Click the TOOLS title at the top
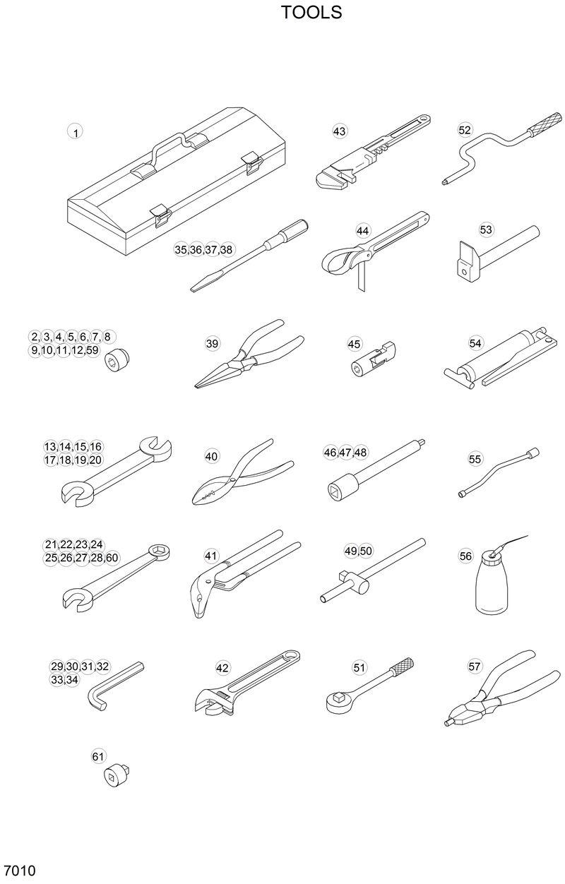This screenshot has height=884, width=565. tap(311, 13)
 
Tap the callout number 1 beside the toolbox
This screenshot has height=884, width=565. tap(75, 131)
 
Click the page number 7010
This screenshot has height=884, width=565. tap(19, 869)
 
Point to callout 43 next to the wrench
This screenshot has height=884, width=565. tap(340, 131)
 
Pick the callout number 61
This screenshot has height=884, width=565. tap(98, 757)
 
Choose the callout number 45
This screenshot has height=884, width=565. tap(355, 344)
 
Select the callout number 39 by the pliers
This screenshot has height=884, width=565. tap(213, 344)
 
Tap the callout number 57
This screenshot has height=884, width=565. tap(475, 666)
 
